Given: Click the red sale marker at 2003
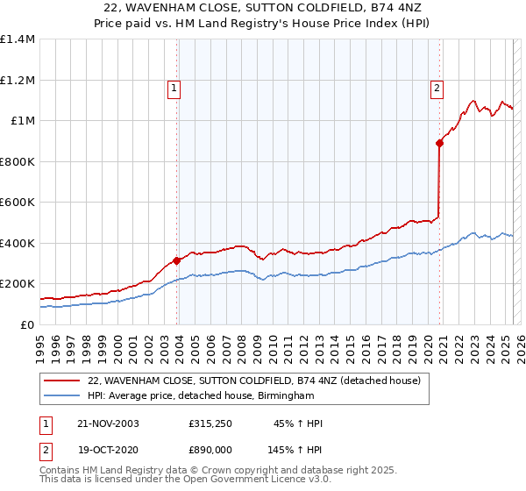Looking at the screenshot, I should [x=177, y=260].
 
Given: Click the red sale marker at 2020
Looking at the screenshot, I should [x=440, y=144].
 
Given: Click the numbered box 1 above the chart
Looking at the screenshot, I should [x=174, y=87].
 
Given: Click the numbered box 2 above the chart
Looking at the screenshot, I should [x=437, y=87].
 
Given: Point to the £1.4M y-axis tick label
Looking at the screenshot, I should [x=18, y=39].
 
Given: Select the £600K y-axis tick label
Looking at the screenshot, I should [x=18, y=202].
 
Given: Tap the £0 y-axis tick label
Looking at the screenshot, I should [x=28, y=324].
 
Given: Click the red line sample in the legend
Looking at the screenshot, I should [x=62, y=381].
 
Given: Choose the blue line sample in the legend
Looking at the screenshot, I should [x=62, y=396].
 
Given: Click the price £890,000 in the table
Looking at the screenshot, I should [x=210, y=448].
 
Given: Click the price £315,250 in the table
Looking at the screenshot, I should [x=210, y=423].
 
